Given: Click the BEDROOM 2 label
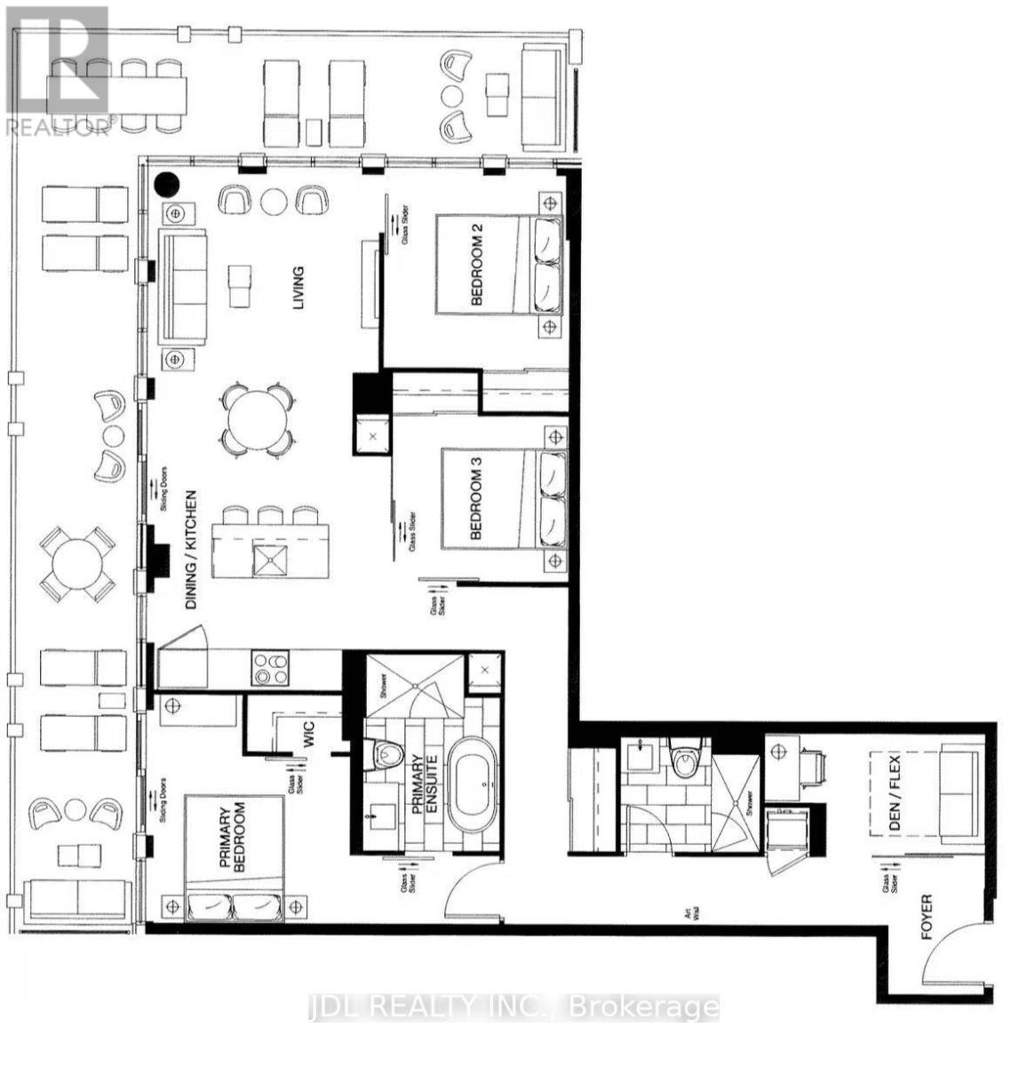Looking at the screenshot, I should click(476, 265).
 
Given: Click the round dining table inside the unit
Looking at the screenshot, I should click(257, 418).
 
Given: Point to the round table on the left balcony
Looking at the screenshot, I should click(76, 564).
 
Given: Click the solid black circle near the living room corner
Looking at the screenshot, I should click(166, 184).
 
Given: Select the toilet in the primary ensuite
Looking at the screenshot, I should click(387, 753).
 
